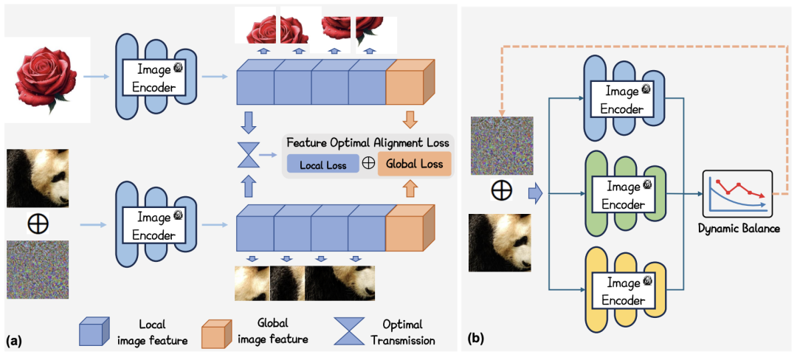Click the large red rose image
45,79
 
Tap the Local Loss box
322,165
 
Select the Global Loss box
414,165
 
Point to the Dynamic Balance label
739,229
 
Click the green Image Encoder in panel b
625,194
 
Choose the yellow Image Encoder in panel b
625,290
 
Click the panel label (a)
13,341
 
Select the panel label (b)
476,341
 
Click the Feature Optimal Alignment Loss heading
367,142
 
